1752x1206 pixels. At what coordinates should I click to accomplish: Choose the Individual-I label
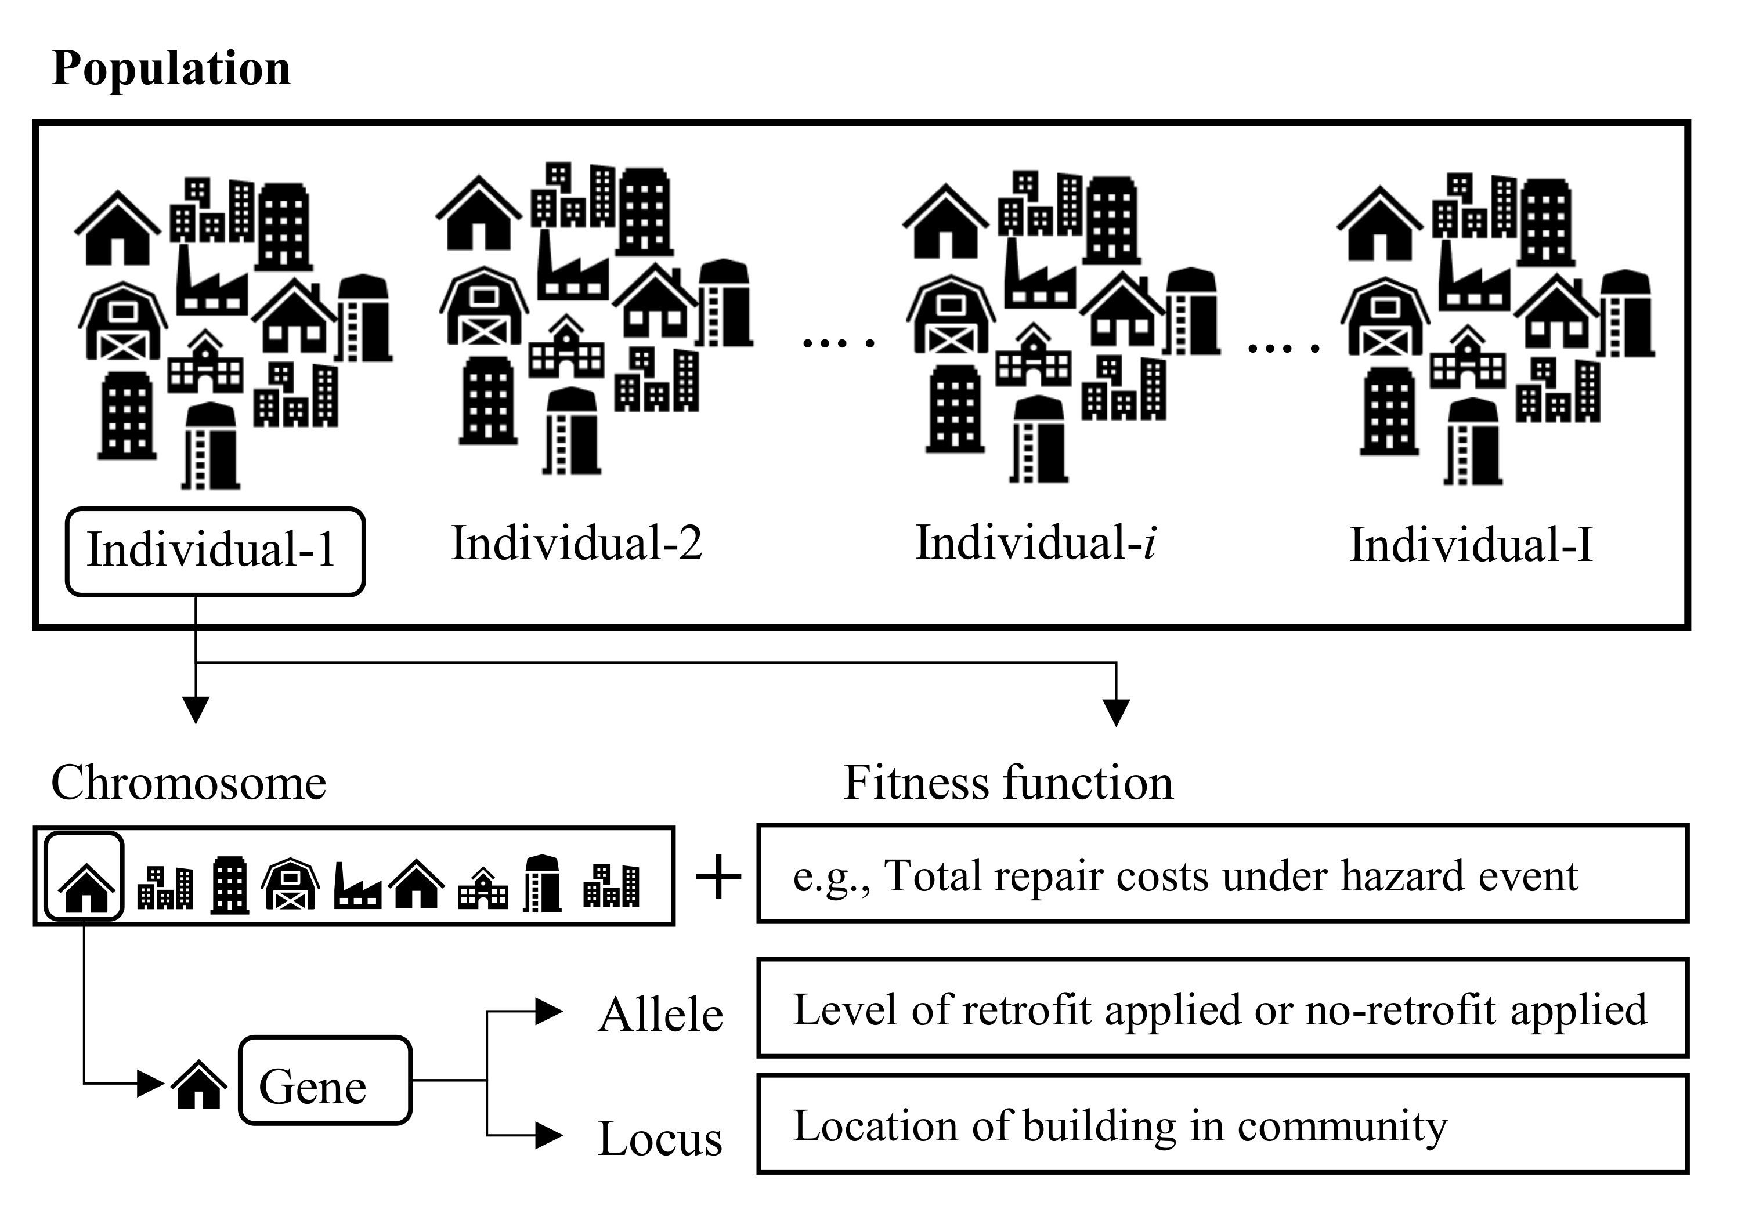tap(1471, 545)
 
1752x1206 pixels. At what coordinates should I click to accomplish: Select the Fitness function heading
tap(1007, 783)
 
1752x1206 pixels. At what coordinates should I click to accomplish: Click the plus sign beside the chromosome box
tap(717, 877)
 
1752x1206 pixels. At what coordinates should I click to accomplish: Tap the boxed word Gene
tap(312, 1087)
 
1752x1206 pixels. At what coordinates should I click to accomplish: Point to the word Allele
tap(660, 1015)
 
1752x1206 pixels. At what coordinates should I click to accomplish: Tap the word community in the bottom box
tap(1342, 1127)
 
